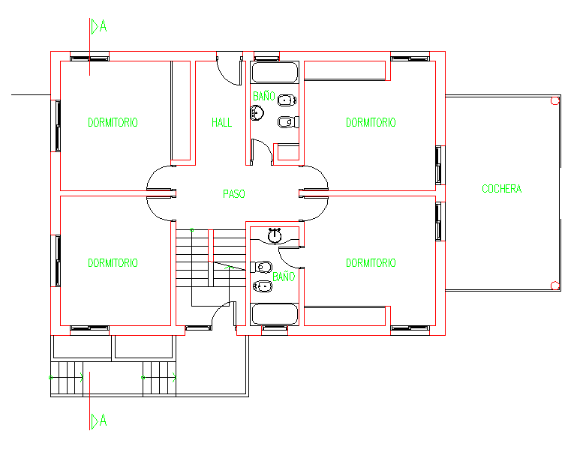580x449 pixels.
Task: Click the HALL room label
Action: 221,122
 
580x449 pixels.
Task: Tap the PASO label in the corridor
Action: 234,194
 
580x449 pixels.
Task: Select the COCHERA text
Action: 501,189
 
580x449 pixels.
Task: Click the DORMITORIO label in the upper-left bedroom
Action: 113,122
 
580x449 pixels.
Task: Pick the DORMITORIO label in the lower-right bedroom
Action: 371,263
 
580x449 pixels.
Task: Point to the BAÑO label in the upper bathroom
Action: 263,96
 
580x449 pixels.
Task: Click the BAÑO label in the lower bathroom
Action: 284,277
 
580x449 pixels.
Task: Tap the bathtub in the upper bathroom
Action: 275,72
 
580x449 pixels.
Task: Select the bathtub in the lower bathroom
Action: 275,315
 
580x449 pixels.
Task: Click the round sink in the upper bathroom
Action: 257,112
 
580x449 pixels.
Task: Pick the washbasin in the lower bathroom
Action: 275,236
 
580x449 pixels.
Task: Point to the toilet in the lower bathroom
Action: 262,267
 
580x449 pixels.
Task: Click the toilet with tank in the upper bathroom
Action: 288,121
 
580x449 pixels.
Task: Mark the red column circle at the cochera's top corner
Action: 554,100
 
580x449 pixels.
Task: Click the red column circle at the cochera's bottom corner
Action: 554,286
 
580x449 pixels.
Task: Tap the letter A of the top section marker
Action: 104,26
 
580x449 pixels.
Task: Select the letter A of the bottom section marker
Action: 104,421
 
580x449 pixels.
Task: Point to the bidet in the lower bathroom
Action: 263,286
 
